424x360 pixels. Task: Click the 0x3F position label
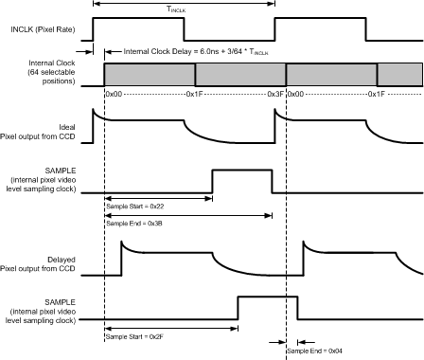click(275, 95)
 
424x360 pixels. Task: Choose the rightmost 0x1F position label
click(377, 95)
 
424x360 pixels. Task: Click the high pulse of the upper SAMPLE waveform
click(241, 180)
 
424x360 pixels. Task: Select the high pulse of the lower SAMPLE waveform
click(268, 308)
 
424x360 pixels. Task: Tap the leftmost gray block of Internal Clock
click(150, 74)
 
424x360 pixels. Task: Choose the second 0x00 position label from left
click(294, 95)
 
